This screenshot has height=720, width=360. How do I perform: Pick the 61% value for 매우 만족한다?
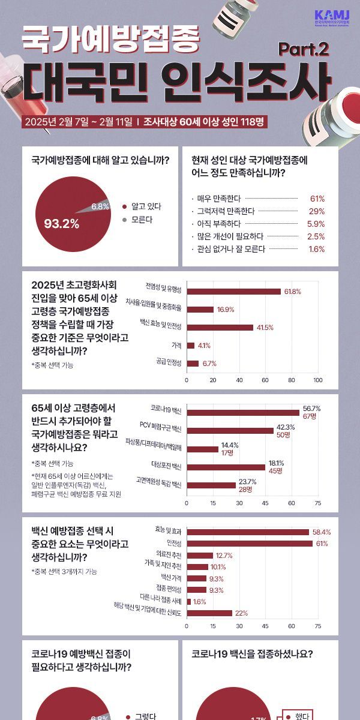(317, 199)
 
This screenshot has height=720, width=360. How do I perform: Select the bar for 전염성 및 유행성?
(233, 292)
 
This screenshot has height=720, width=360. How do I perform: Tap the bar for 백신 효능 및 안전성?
(220, 328)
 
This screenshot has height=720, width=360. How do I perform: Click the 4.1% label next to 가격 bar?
(204, 346)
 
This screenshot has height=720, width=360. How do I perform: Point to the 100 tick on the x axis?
(317, 380)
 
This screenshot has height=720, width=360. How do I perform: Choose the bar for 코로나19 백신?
(242, 412)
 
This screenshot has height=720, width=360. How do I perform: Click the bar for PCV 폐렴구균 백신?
(230, 430)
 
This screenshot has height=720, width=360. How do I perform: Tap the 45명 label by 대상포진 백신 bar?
(276, 471)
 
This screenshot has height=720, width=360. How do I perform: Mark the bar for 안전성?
(249, 544)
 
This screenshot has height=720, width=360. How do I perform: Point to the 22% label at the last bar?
(241, 613)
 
